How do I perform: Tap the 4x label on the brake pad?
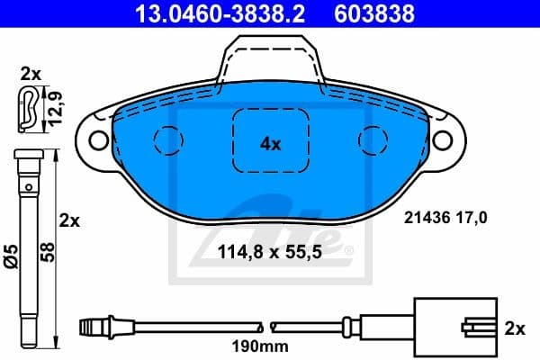pos(270,143)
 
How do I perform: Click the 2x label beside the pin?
pos(70,220)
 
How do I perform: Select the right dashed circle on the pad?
pos(372,139)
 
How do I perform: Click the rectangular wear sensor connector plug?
pos(454,328)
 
